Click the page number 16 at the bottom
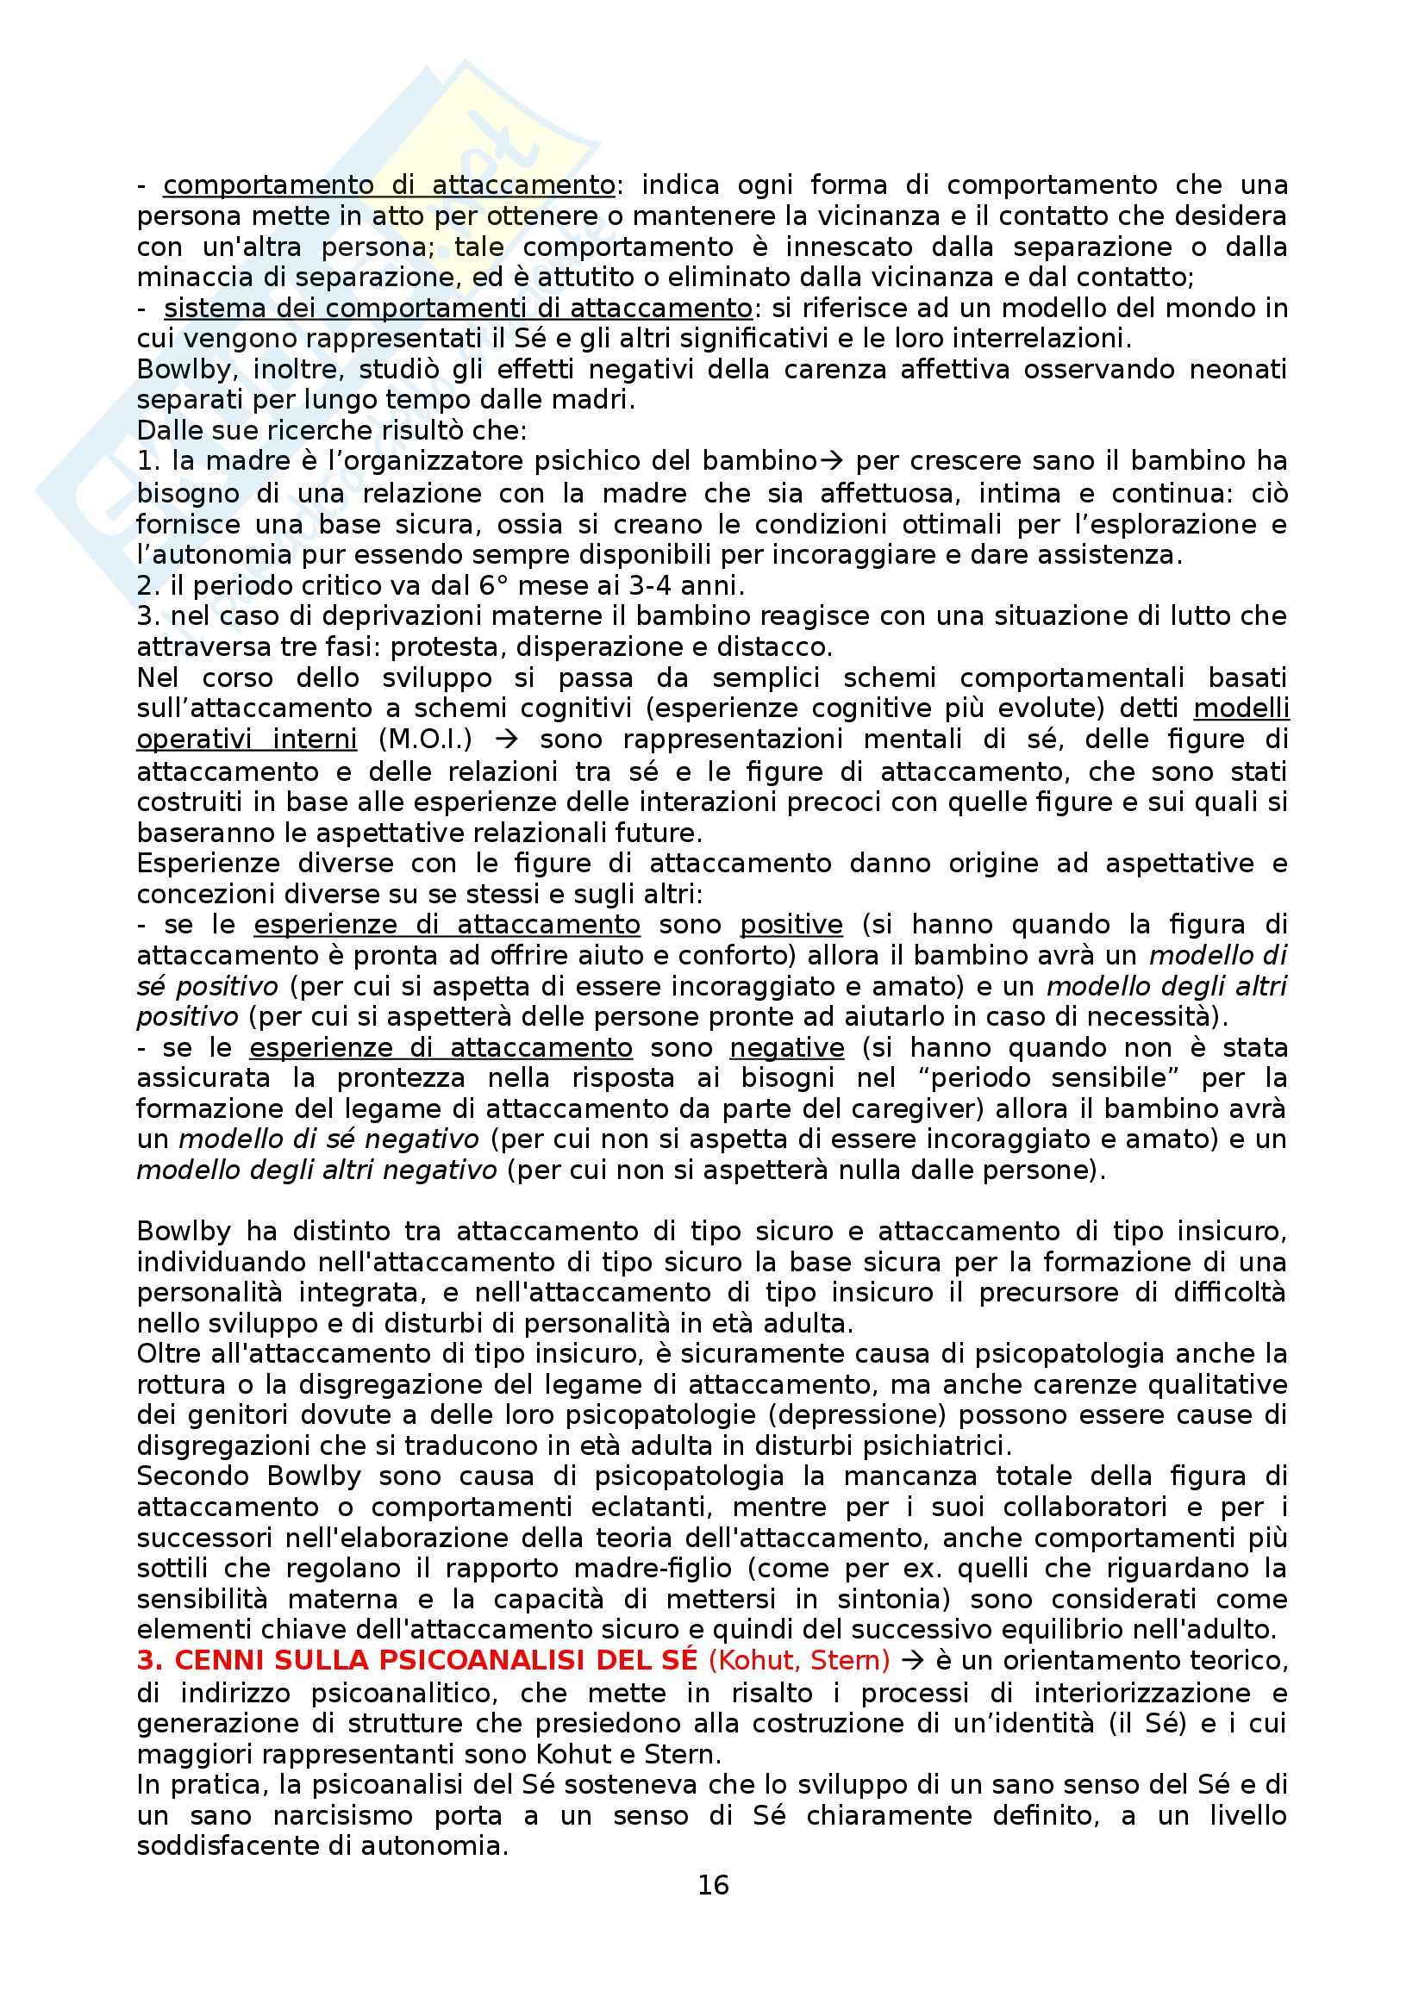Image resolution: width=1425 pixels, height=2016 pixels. pos(713,1883)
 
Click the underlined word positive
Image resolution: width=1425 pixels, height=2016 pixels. pos(791,924)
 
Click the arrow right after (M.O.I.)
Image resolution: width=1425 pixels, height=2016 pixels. pos(506,740)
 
